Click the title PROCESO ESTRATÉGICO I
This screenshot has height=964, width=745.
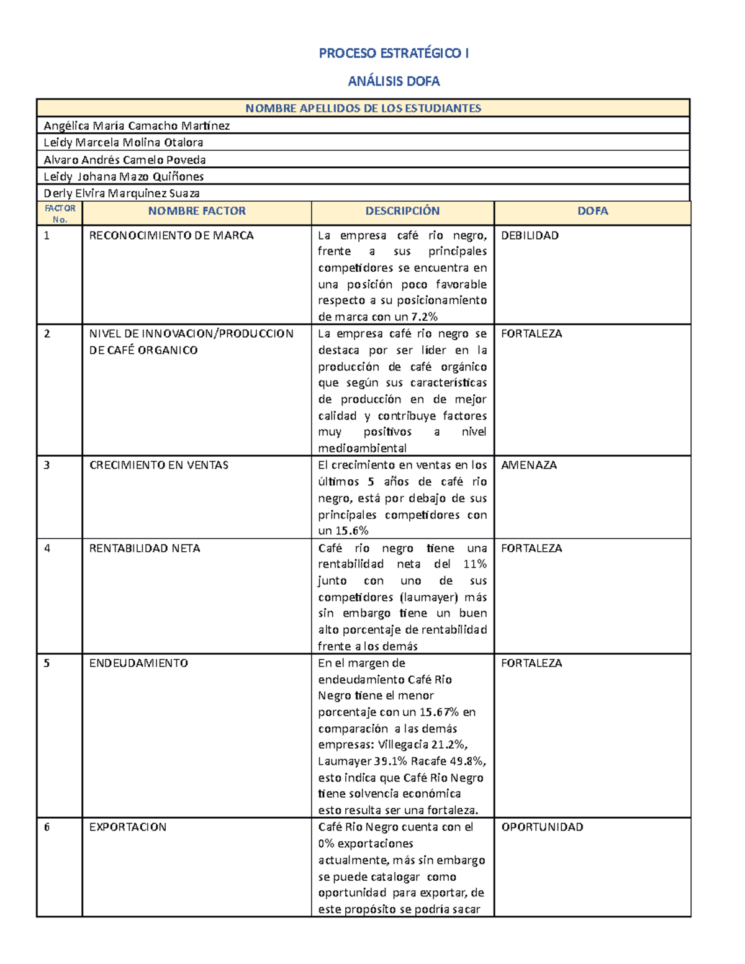[394, 53]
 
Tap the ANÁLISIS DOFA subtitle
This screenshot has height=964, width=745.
[394, 81]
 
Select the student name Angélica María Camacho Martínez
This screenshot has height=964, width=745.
[137, 126]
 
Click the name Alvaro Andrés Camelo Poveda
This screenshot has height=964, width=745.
[125, 160]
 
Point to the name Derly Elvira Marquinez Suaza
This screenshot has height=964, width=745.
[122, 194]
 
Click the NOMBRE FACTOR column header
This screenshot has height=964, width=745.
[197, 211]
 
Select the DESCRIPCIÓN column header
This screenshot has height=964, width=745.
[402, 211]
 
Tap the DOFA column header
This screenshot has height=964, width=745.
[592, 211]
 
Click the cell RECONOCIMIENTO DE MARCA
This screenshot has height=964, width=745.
[171, 236]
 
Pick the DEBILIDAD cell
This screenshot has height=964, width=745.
[530, 236]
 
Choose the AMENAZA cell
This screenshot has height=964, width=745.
[529, 466]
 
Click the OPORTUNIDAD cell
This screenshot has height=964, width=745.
[542, 827]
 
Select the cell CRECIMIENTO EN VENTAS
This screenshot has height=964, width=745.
[159, 466]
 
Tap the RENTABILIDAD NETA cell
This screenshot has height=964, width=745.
[145, 549]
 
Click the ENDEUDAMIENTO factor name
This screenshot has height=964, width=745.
[138, 664]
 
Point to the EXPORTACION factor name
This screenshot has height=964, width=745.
[128, 827]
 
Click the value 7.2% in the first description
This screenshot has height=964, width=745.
[424, 317]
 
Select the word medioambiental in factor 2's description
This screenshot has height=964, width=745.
[363, 449]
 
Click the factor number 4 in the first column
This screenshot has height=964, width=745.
[47, 549]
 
